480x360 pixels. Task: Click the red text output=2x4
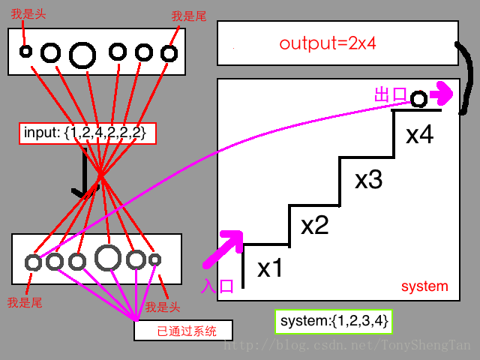point(327,43)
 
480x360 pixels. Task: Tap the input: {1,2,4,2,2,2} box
point(88,133)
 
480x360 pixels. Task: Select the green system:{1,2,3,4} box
point(334,321)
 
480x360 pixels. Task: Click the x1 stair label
point(270,268)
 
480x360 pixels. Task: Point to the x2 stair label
point(315,224)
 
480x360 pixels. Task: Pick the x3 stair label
point(369,180)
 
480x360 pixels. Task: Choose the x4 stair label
point(420,136)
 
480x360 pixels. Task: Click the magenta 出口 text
point(390,95)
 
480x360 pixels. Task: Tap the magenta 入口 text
point(218,285)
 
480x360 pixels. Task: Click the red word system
point(424,286)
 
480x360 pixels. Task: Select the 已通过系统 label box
point(183,330)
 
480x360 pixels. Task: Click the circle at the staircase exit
point(418,98)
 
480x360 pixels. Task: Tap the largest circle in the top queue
point(82,54)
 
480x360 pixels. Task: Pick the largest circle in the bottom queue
point(109,257)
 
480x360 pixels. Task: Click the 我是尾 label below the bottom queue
point(23,302)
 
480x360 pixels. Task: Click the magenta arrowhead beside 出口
point(442,93)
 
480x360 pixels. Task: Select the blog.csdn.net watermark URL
point(348,346)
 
